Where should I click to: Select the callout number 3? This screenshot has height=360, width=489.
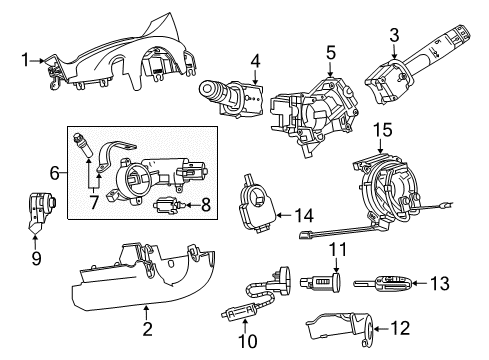pos(396,36)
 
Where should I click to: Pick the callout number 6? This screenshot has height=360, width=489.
pos(53,172)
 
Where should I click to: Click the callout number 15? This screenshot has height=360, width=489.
pos(380,131)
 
